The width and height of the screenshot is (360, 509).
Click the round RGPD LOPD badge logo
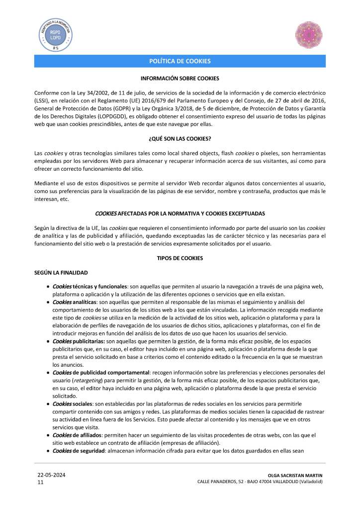pyautogui.click(x=56, y=33)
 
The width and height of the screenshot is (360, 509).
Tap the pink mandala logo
pyautogui.click(x=309, y=34)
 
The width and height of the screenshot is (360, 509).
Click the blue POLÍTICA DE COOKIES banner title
pyautogui.click(x=180, y=61)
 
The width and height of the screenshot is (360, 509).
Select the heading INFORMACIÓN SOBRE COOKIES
pyautogui.click(x=180, y=79)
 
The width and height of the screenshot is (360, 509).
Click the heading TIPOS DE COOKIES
pyautogui.click(x=180, y=259)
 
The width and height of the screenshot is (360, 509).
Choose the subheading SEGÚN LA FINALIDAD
pyautogui.click(x=61, y=273)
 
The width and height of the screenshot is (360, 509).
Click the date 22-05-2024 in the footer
pyautogui.click(x=51, y=475)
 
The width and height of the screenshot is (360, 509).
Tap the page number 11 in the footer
pyautogui.click(x=41, y=483)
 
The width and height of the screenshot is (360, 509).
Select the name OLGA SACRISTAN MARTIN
pyautogui.click(x=295, y=476)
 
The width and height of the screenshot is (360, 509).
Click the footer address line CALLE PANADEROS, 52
pyautogui.click(x=260, y=482)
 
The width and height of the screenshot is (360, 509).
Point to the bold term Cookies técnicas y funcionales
pyautogui.click(x=90, y=287)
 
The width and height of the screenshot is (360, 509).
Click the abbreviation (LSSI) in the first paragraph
pyautogui.click(x=42, y=100)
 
